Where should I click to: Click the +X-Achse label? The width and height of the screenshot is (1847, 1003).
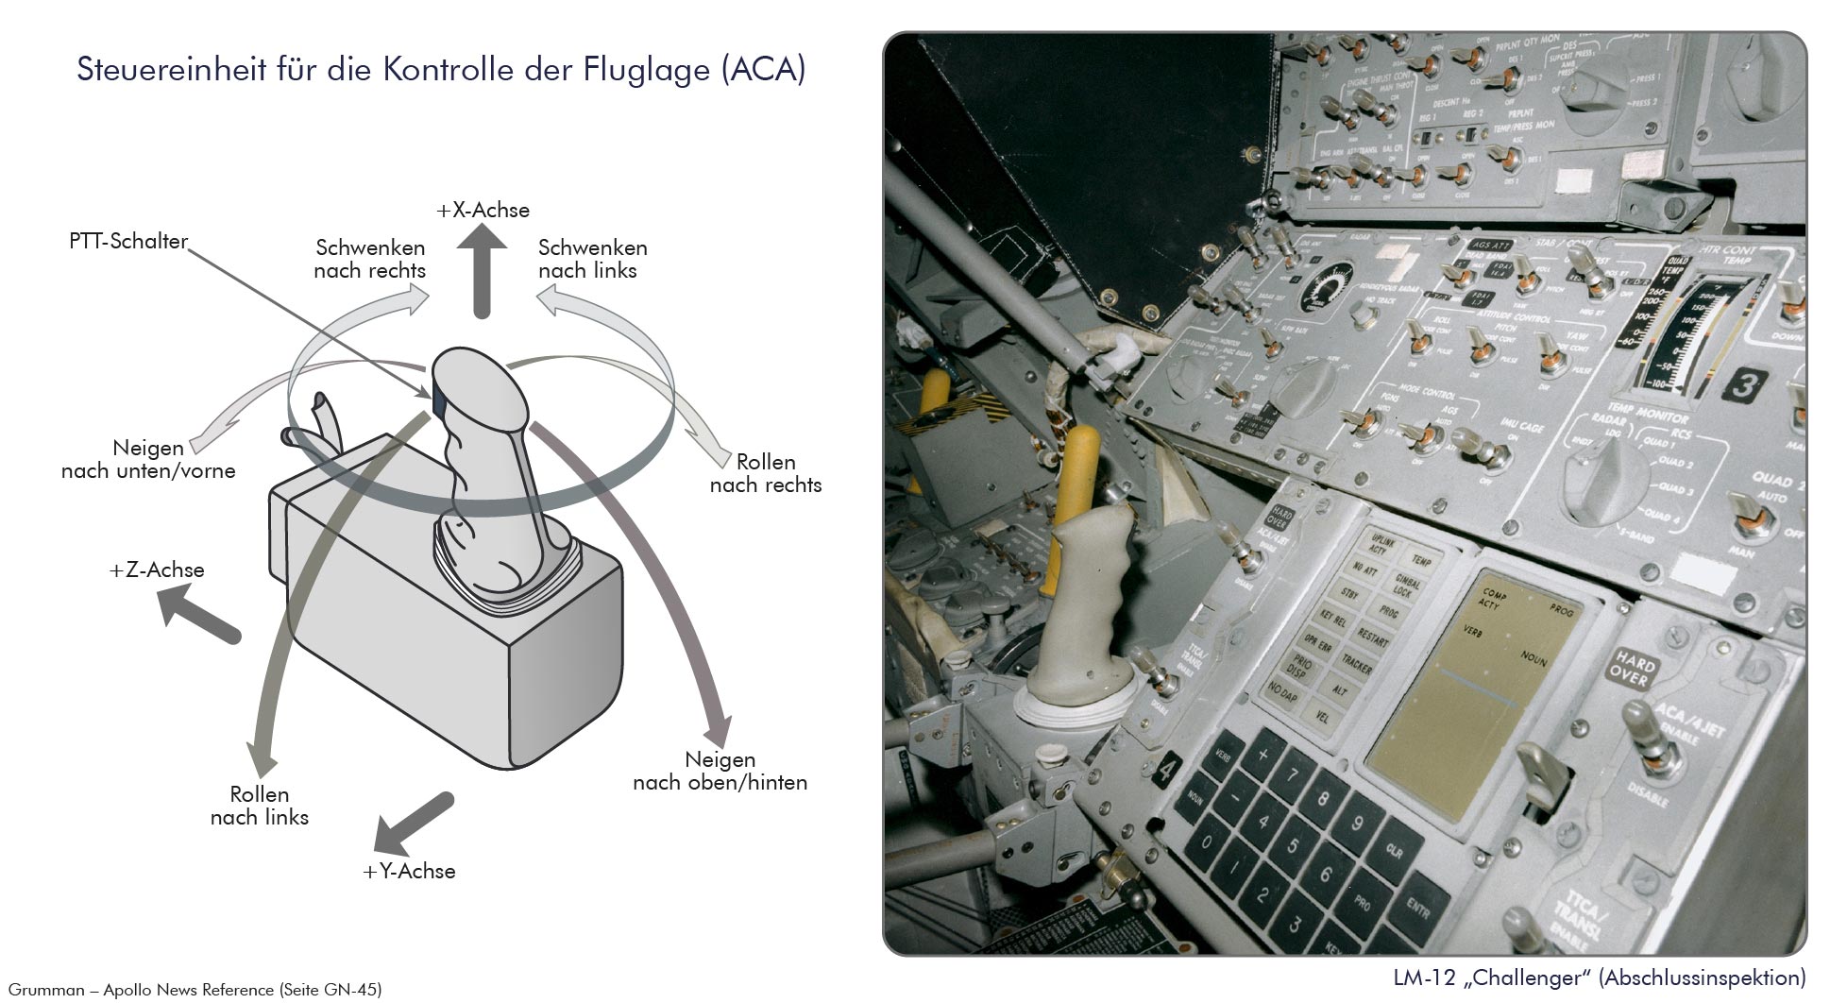click(x=483, y=211)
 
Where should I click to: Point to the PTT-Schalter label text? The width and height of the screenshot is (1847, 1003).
click(x=128, y=242)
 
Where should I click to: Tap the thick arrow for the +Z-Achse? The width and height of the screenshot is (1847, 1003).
click(x=198, y=615)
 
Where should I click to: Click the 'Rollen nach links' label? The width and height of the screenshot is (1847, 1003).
click(x=260, y=806)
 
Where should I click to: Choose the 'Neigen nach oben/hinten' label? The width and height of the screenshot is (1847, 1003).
click(x=720, y=771)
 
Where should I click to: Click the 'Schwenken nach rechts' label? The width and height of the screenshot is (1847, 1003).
click(x=370, y=260)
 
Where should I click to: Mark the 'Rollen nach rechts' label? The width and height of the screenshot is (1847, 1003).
click(x=765, y=473)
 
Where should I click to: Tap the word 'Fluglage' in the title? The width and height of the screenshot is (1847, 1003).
click(x=643, y=71)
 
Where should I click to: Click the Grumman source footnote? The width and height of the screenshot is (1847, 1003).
click(x=195, y=990)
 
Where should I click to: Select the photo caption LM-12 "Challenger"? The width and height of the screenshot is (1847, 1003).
click(x=1599, y=977)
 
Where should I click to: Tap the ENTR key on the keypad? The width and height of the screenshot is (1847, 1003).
click(x=1417, y=909)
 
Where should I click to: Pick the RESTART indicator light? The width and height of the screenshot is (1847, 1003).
click(x=1375, y=640)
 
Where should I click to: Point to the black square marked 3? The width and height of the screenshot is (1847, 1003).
click(x=1748, y=385)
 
